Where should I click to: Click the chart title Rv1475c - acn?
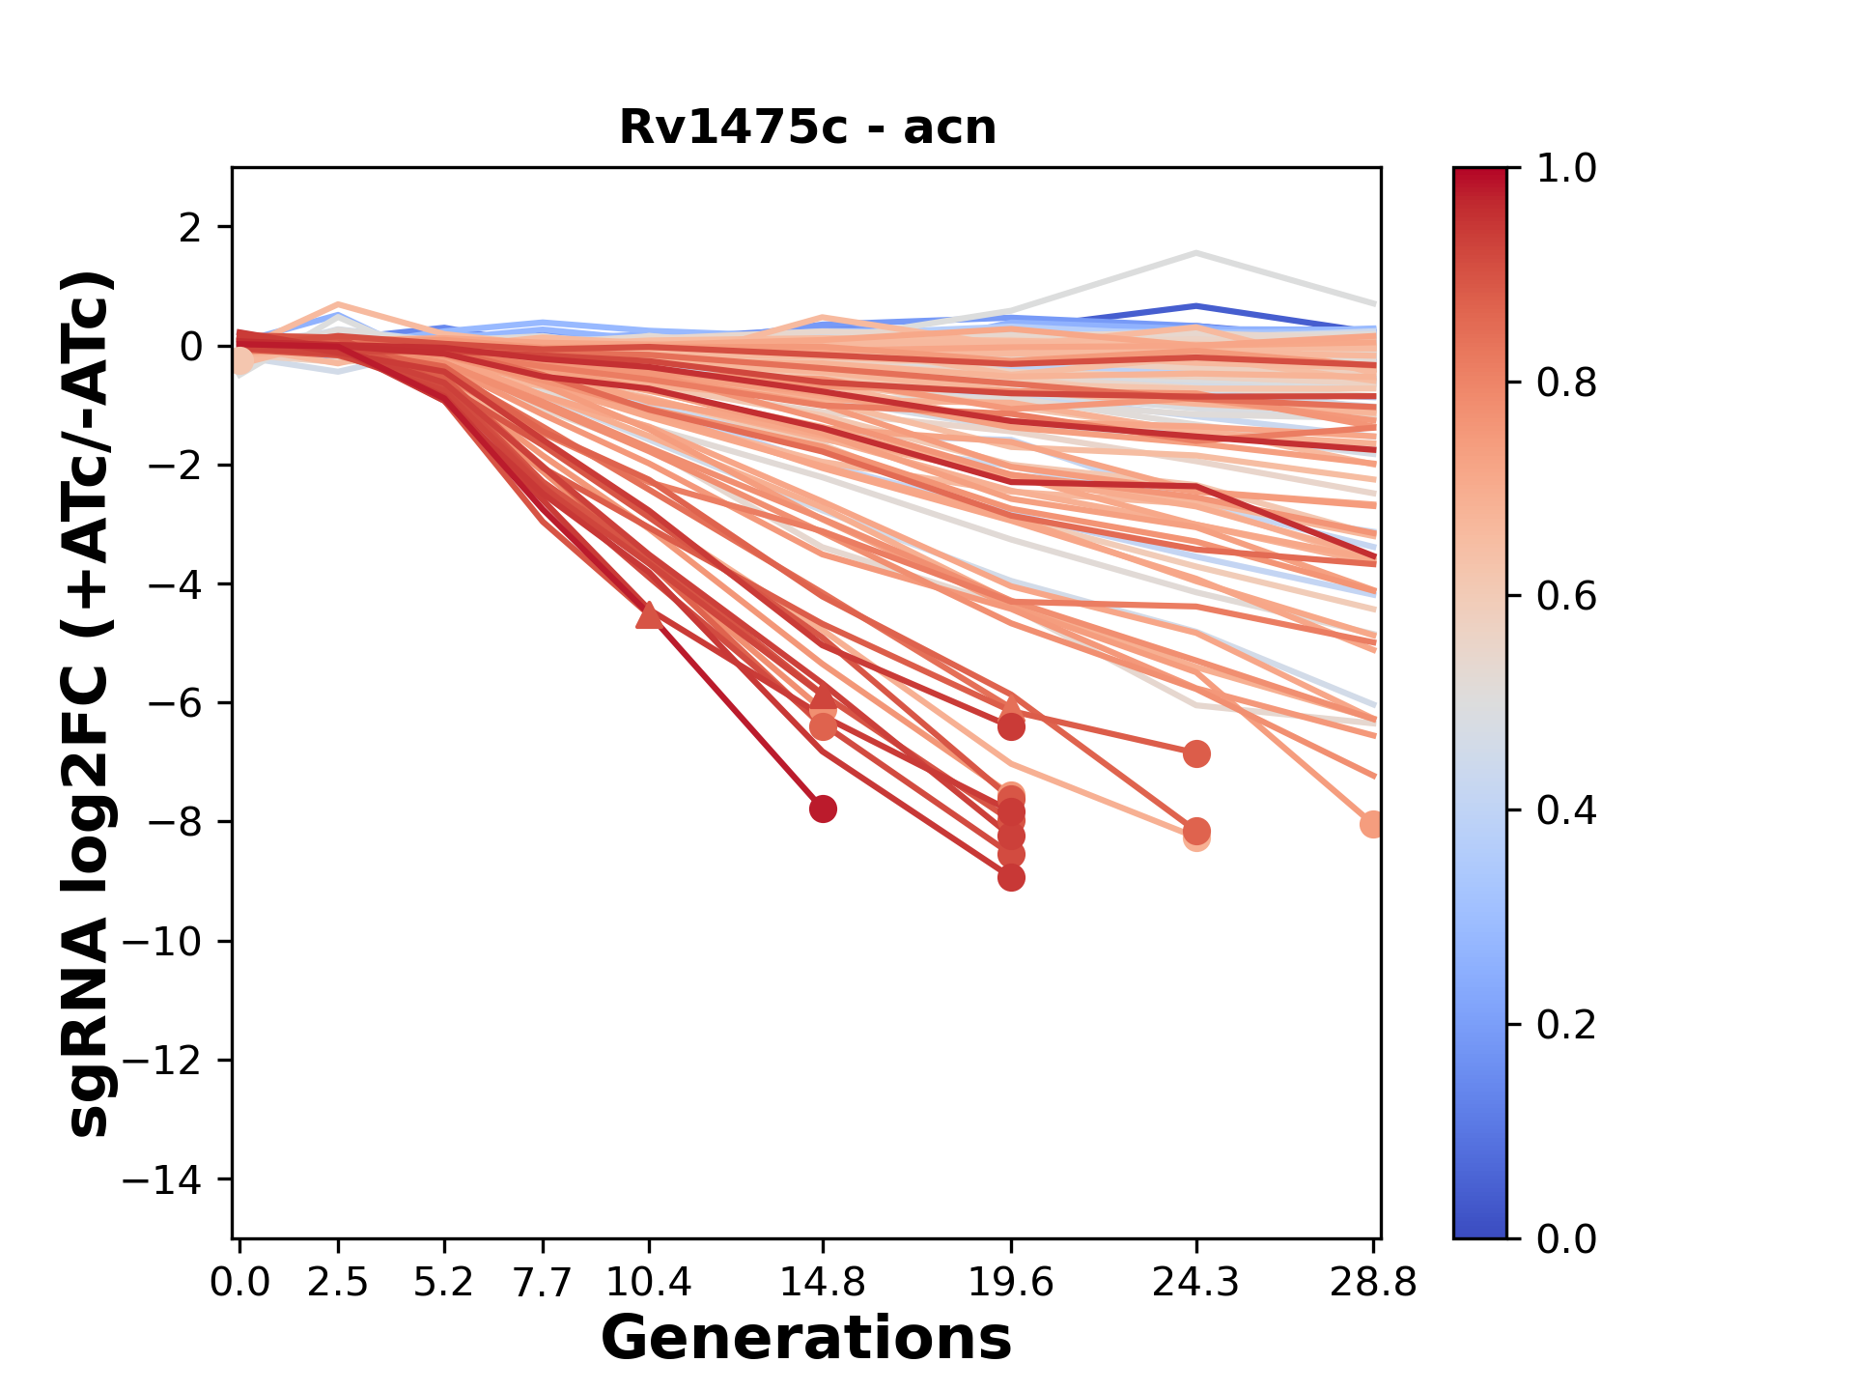click(x=807, y=128)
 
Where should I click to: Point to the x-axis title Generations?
click(x=806, y=1339)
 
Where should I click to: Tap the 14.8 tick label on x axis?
click(x=823, y=1282)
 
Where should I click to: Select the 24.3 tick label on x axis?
click(x=1195, y=1282)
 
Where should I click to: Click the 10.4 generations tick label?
click(x=649, y=1282)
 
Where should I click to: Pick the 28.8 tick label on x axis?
click(x=1373, y=1282)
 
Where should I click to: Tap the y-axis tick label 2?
click(x=190, y=228)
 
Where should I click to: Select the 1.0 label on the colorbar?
click(x=1566, y=169)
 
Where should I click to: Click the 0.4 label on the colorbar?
click(x=1566, y=810)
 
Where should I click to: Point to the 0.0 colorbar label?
click(x=1566, y=1238)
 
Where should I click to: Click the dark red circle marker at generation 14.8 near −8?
click(x=823, y=809)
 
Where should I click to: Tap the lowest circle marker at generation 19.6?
click(x=1011, y=878)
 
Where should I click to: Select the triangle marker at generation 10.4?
click(x=649, y=615)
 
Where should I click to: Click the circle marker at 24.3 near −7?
click(x=1196, y=753)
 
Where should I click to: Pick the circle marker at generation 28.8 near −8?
click(x=1371, y=824)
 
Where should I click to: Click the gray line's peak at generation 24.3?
click(x=1195, y=253)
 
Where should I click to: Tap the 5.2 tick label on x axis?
click(x=444, y=1282)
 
